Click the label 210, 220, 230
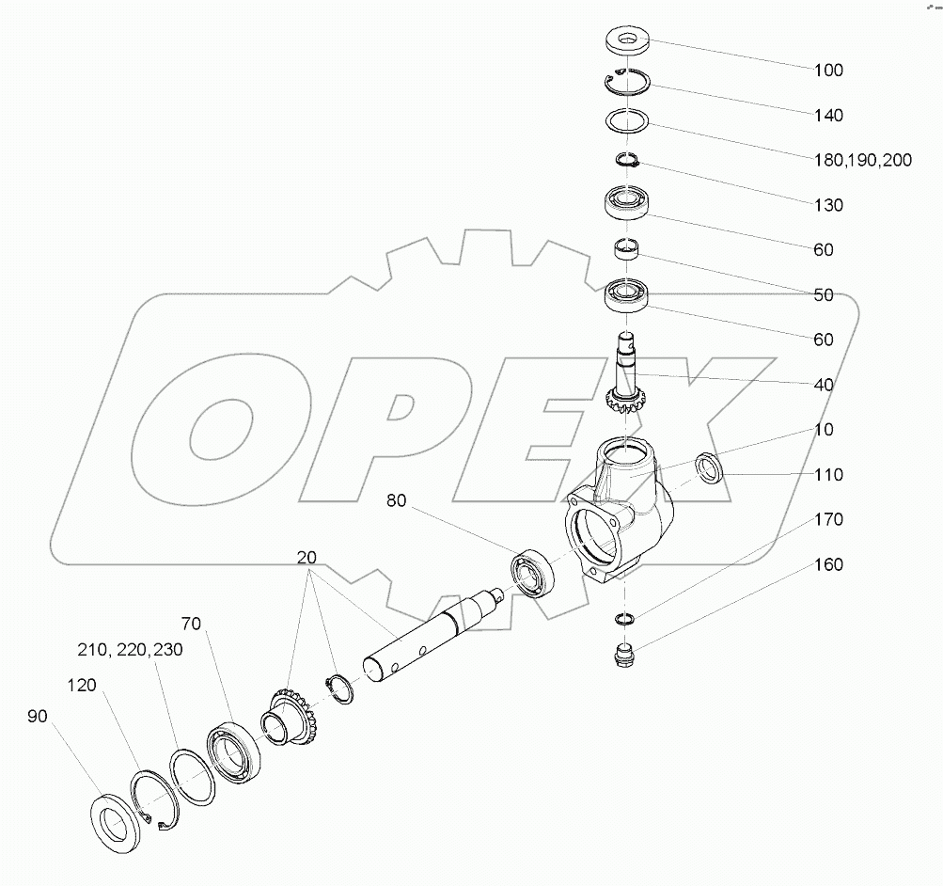coord(130,650)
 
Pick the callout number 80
coord(396,501)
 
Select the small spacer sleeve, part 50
coord(625,251)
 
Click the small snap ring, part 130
coord(627,161)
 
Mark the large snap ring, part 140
coord(626,83)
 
